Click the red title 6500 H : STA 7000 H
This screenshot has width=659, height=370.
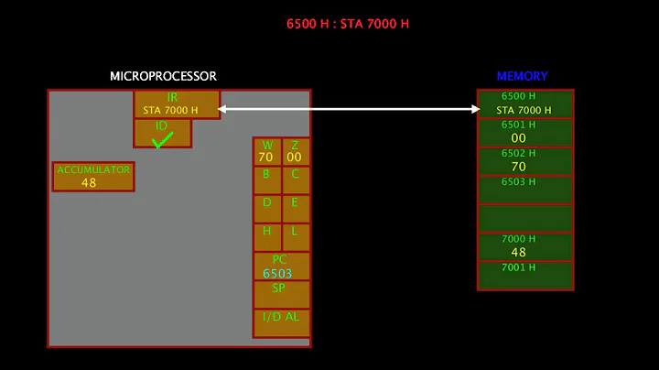coord(347,24)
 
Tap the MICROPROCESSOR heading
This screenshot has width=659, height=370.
coord(163,76)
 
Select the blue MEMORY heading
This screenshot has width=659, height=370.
coord(522,76)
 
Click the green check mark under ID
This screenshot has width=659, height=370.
coord(162,140)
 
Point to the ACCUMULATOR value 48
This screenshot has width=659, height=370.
coord(89,182)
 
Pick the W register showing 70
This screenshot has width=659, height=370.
coord(266,152)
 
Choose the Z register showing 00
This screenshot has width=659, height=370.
coord(295,152)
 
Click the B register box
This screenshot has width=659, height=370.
coord(266,180)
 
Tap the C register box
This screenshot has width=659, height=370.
coord(295,180)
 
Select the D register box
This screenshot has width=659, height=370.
coord(266,209)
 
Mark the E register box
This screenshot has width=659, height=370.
coord(295,209)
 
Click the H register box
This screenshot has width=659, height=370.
coord(266,237)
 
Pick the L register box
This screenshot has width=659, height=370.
coord(295,237)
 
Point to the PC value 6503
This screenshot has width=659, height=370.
coord(277,273)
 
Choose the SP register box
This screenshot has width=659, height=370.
coord(281,294)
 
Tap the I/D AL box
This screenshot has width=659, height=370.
coord(281,322)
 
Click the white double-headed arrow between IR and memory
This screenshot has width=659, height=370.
coord(349,110)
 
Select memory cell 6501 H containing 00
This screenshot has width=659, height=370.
coord(524,132)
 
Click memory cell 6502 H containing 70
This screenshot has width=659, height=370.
coord(524,160)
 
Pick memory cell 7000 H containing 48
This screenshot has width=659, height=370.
coord(524,246)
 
